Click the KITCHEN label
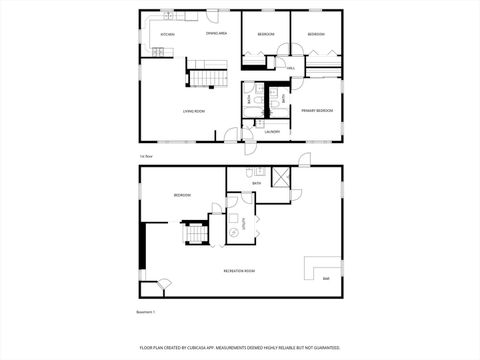coord(168,35)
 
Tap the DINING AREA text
coord(216,34)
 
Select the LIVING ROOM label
coord(194,111)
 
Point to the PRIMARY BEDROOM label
coord(316,110)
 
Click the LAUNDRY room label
coord(272,131)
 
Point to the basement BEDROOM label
coord(182,195)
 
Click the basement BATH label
coord(257,184)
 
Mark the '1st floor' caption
coord(146,155)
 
